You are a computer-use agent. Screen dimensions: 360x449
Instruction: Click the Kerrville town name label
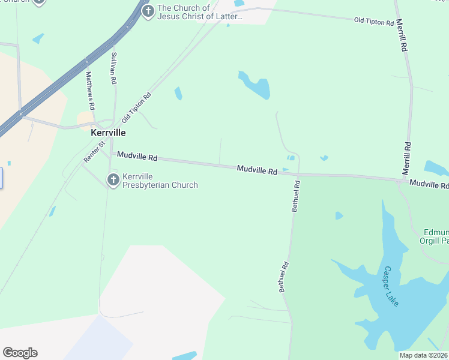108,133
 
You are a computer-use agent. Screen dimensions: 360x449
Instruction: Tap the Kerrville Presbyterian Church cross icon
113,179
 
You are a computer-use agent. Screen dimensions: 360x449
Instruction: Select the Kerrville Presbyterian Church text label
160,181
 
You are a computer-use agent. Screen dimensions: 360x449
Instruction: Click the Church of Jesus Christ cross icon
147,11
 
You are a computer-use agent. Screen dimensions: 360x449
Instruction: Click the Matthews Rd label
90,90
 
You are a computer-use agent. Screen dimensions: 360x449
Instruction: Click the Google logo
20,353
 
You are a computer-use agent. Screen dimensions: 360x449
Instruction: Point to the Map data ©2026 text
423,355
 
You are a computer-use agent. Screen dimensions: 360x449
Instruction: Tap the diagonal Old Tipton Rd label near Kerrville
136,106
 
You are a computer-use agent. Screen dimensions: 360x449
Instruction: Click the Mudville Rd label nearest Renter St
137,156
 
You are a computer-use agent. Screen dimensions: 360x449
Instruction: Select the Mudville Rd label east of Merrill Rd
429,185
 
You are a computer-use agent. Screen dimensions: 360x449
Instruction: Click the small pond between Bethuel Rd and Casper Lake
339,215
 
